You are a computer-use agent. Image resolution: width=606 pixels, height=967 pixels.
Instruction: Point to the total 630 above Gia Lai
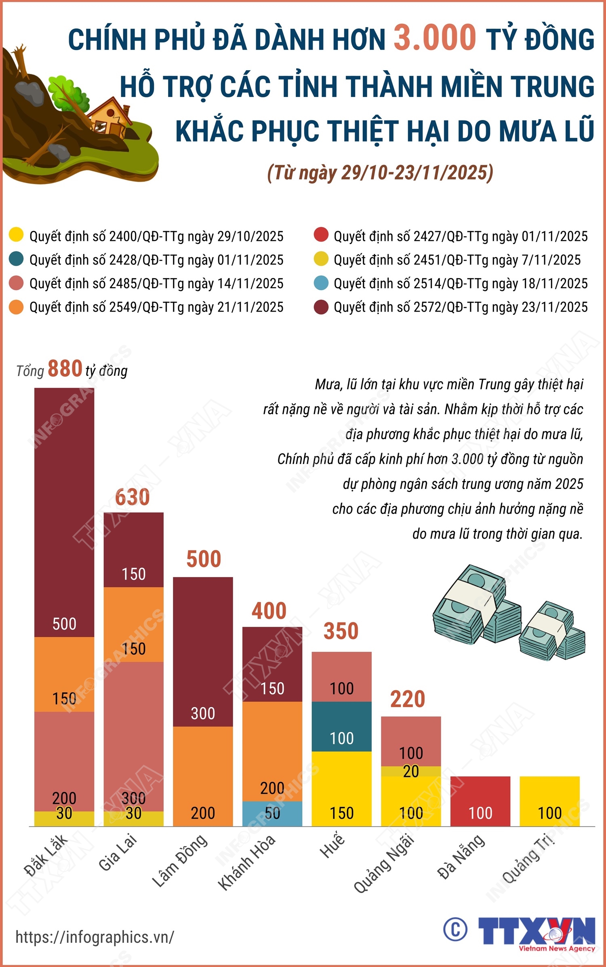(132, 497)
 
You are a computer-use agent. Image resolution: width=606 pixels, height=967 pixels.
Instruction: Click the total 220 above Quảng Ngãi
(407, 699)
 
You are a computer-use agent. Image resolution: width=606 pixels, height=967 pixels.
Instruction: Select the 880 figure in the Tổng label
(65, 369)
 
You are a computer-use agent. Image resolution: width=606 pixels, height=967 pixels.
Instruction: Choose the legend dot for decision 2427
(321, 235)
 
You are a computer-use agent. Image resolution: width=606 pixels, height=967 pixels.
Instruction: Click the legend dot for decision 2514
(321, 283)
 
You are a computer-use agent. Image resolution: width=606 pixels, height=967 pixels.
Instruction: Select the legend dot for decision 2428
(16, 259)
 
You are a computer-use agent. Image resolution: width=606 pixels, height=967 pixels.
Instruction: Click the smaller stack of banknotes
(551, 632)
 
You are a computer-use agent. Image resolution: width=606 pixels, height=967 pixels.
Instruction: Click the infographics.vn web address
(95, 937)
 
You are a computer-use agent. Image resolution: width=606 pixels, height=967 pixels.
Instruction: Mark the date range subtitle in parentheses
(380, 173)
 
